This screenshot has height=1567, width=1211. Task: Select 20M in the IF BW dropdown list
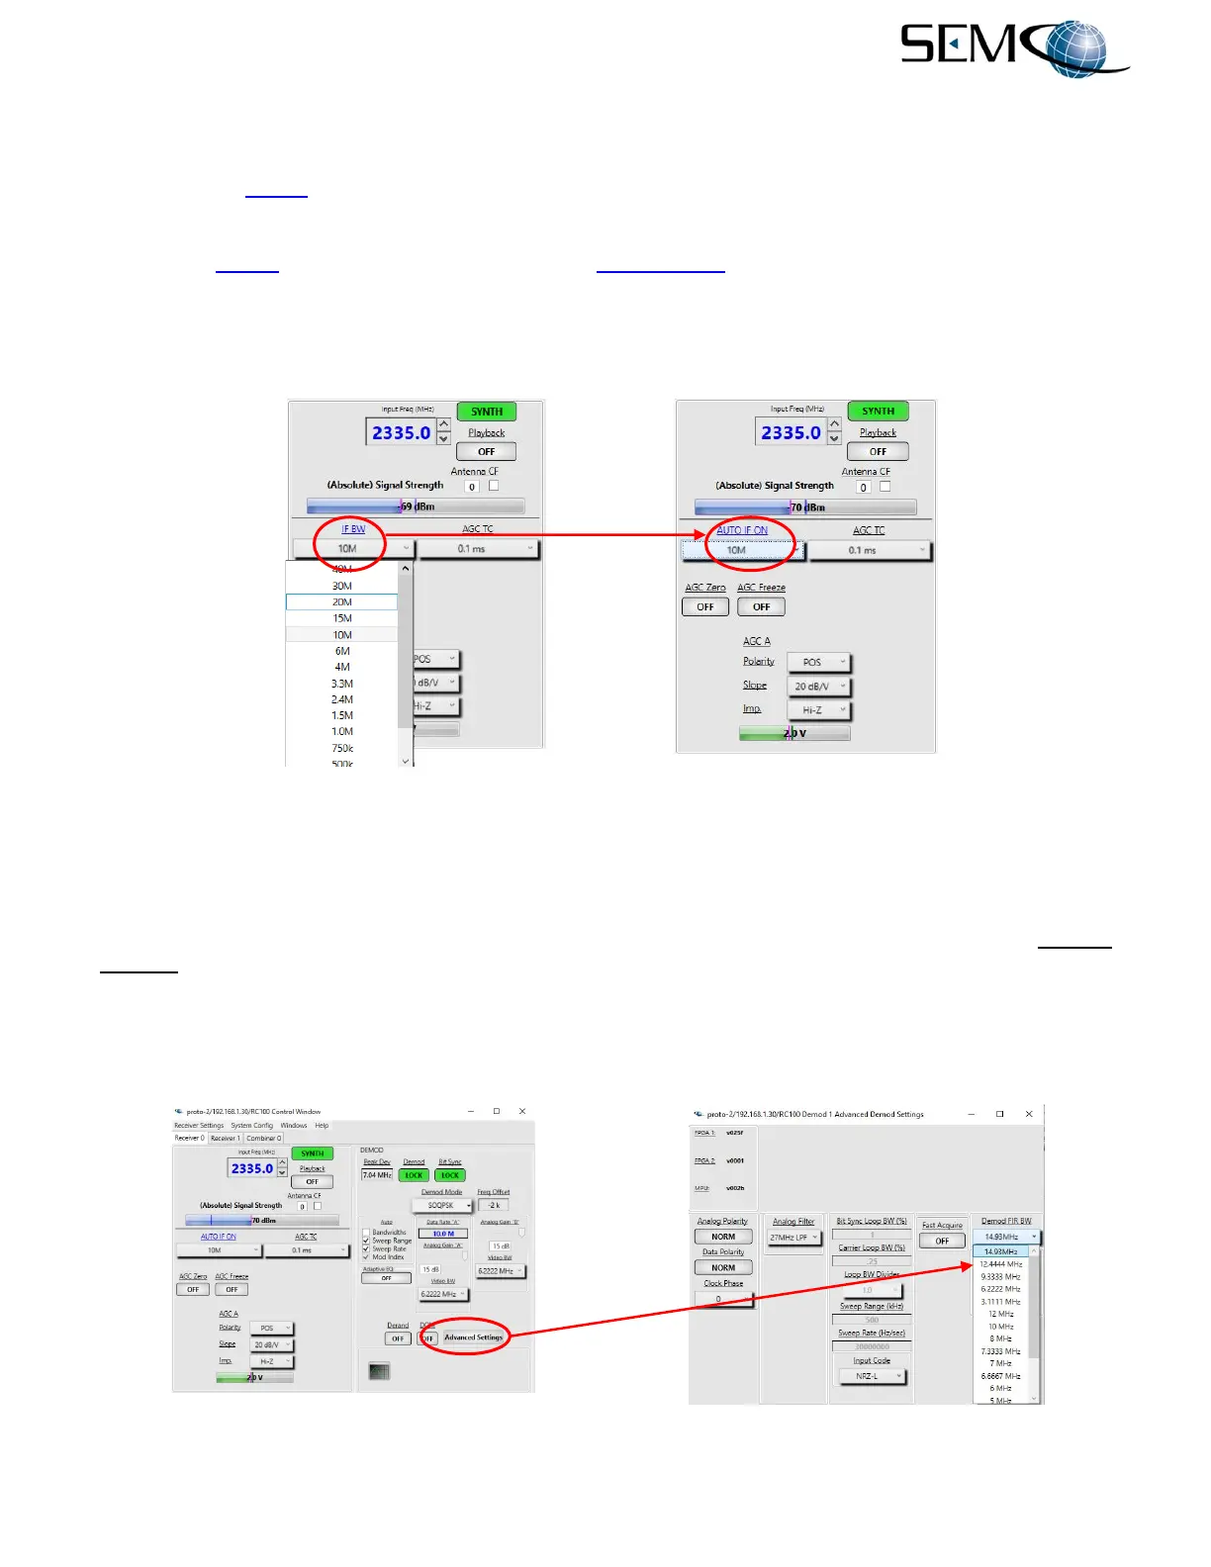342,601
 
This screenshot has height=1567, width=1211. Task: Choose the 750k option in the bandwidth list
342,748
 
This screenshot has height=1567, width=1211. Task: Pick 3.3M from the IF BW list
342,684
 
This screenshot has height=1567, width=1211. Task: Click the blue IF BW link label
353,529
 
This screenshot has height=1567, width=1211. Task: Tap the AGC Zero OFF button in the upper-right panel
704,607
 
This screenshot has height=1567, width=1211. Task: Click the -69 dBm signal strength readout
418,507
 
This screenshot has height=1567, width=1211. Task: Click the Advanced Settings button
473,1337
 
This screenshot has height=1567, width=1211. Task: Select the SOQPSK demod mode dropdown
443,1206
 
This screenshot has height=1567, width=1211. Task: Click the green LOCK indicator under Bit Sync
450,1175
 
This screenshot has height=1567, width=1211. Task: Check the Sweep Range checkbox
366,1241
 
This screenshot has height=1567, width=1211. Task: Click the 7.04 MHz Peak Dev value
377,1175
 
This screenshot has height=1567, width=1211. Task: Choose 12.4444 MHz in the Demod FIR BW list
1001,1264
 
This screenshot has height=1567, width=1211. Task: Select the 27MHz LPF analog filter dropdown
794,1238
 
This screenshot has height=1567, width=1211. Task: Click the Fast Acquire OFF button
942,1241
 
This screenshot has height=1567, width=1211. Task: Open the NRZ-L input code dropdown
872,1376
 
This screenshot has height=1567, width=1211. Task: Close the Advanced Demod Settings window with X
1029,1114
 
